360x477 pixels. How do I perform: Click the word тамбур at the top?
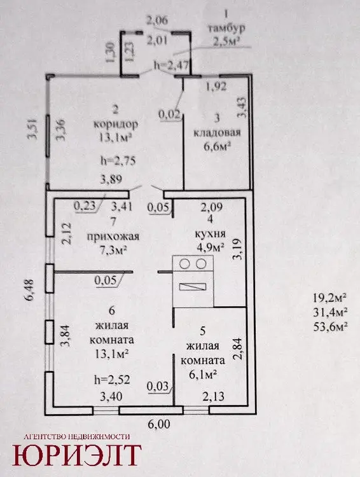[x=226, y=28]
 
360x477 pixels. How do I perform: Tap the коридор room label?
[x=116, y=124]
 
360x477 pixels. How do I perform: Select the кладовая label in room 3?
[x=218, y=133]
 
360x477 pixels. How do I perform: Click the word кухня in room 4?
[x=210, y=233]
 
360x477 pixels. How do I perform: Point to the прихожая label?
[x=113, y=237]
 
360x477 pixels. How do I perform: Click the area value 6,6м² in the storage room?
[x=218, y=147]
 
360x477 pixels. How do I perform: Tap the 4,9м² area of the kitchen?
[x=211, y=247]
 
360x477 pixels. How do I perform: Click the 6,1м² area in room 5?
[x=203, y=374]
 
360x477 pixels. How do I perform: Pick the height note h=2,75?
[x=118, y=160]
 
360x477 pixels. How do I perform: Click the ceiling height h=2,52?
[x=112, y=379]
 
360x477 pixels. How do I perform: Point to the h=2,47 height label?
[x=172, y=65]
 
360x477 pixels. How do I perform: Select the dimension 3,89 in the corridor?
[x=111, y=179]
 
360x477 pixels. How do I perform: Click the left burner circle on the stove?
[x=184, y=264]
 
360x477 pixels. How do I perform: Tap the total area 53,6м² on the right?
[x=331, y=326]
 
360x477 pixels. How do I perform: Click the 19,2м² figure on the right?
[x=331, y=298]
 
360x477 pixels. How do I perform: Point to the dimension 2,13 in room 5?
[x=213, y=396]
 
